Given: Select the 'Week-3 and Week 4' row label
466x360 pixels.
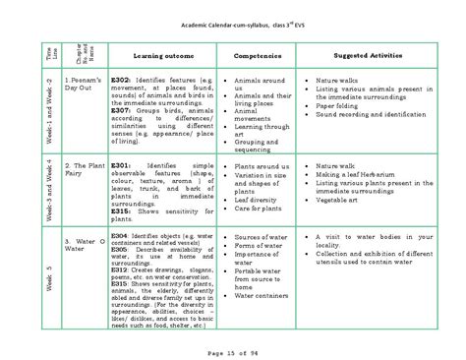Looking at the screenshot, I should pyautogui.click(x=44, y=188).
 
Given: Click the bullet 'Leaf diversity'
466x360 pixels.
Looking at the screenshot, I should pyautogui.click(x=257, y=198).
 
